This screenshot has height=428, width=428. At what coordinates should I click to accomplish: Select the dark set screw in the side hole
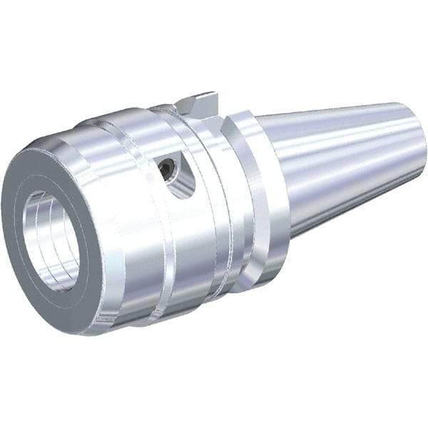[x=167, y=169]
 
